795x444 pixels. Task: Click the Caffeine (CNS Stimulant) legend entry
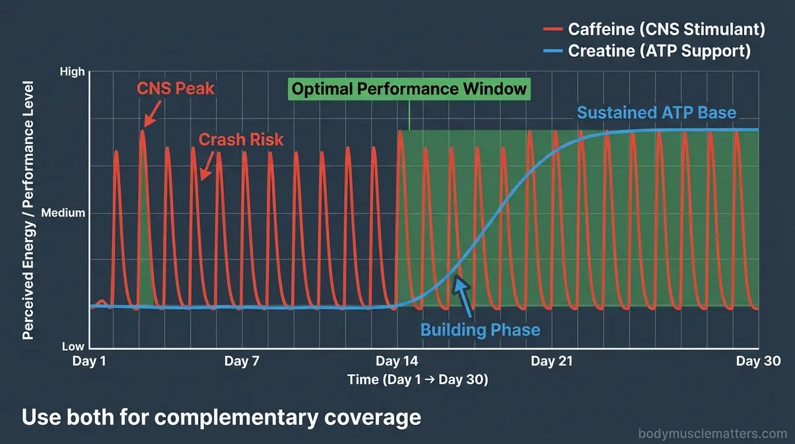(x=666, y=29)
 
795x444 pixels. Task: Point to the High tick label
(x=73, y=71)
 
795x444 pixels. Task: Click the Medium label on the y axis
(x=63, y=213)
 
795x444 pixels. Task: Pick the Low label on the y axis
(x=73, y=347)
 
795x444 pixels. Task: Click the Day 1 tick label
(x=89, y=361)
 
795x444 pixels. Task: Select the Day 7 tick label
(x=242, y=361)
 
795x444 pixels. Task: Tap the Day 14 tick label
(x=396, y=361)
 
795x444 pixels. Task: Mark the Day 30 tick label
(x=758, y=361)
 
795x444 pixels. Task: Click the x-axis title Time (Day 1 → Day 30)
(x=417, y=380)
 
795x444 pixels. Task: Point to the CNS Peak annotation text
(x=176, y=88)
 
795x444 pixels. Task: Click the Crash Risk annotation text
(x=241, y=139)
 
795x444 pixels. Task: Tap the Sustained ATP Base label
(x=656, y=112)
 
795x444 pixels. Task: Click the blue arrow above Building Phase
(x=464, y=295)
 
